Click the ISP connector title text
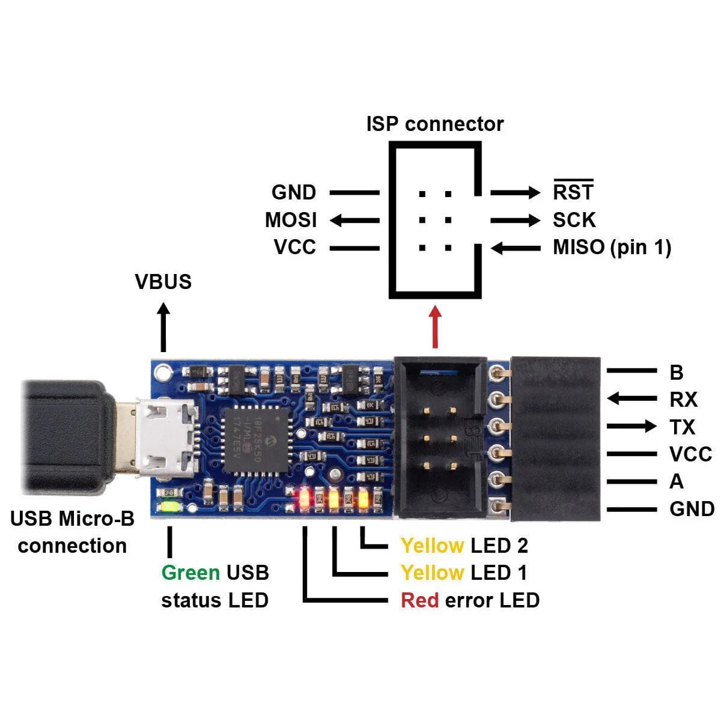(434, 124)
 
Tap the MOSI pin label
(291, 220)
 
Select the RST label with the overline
(573, 192)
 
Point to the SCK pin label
(574, 220)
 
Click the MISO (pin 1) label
(612, 247)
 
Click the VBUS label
(163, 281)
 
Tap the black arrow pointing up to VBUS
(163, 327)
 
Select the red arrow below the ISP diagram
(435, 327)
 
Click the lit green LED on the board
(169, 507)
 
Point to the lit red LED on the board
(305, 498)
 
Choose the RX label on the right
(683, 400)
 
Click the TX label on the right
(682, 427)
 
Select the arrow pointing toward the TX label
(631, 427)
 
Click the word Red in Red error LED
(419, 600)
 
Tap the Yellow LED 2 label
(464, 546)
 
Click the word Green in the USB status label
(190, 573)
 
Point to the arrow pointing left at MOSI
(354, 221)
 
